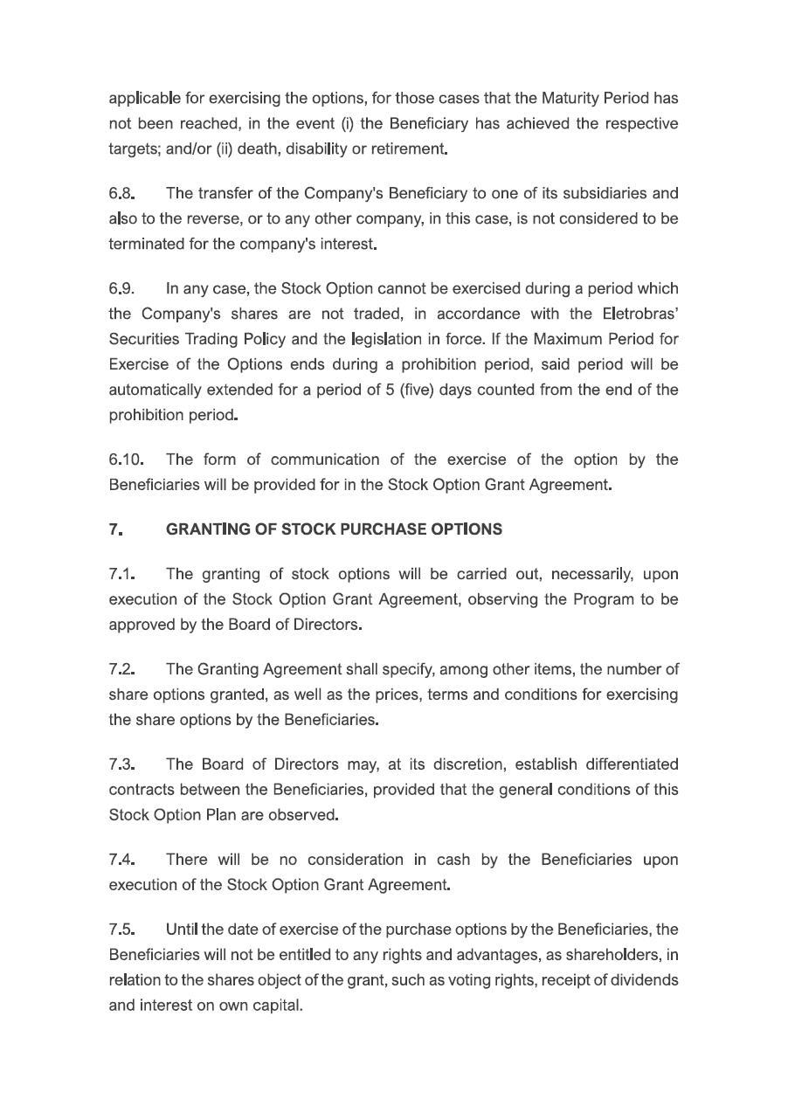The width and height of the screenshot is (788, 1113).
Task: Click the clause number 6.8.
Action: pyautogui.click(x=121, y=193)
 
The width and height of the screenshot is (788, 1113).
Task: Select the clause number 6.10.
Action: pyautogui.click(x=126, y=460)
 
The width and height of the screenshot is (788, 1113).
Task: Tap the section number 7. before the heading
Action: pyautogui.click(x=115, y=529)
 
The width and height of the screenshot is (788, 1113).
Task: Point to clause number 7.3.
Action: pyautogui.click(x=121, y=764)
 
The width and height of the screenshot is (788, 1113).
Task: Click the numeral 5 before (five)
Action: pyautogui.click(x=390, y=390)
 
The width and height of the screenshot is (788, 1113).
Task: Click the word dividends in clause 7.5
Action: pyautogui.click(x=642, y=980)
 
